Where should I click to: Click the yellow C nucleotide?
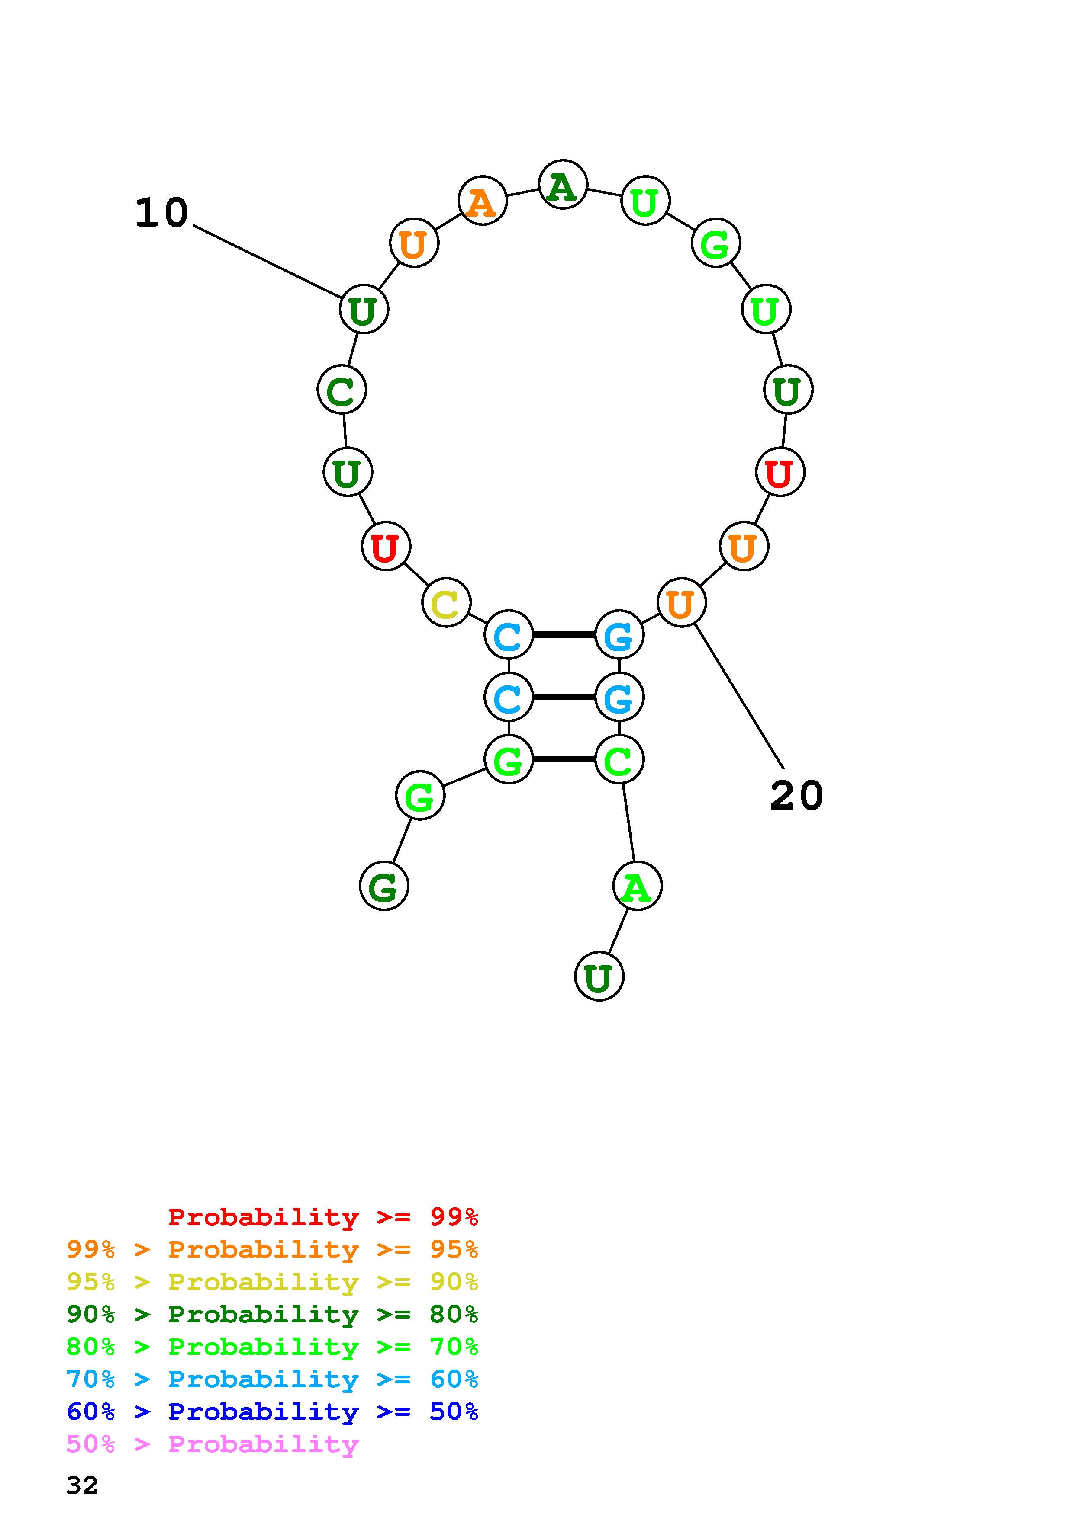point(446,602)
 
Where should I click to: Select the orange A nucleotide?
point(482,201)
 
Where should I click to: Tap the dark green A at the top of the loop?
point(563,185)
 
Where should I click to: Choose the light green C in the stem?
point(619,760)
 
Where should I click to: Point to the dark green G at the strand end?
point(384,886)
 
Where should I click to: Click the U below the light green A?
point(599,976)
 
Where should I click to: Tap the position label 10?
point(162,214)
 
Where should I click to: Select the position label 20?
point(797,796)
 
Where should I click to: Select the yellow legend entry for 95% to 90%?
point(272,1282)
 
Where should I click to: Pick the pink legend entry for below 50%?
point(213,1444)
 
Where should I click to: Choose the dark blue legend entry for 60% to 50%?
point(272,1412)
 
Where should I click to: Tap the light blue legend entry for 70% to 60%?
point(272,1379)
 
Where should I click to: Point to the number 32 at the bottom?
point(82,1485)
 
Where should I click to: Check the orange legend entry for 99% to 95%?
point(272,1249)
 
